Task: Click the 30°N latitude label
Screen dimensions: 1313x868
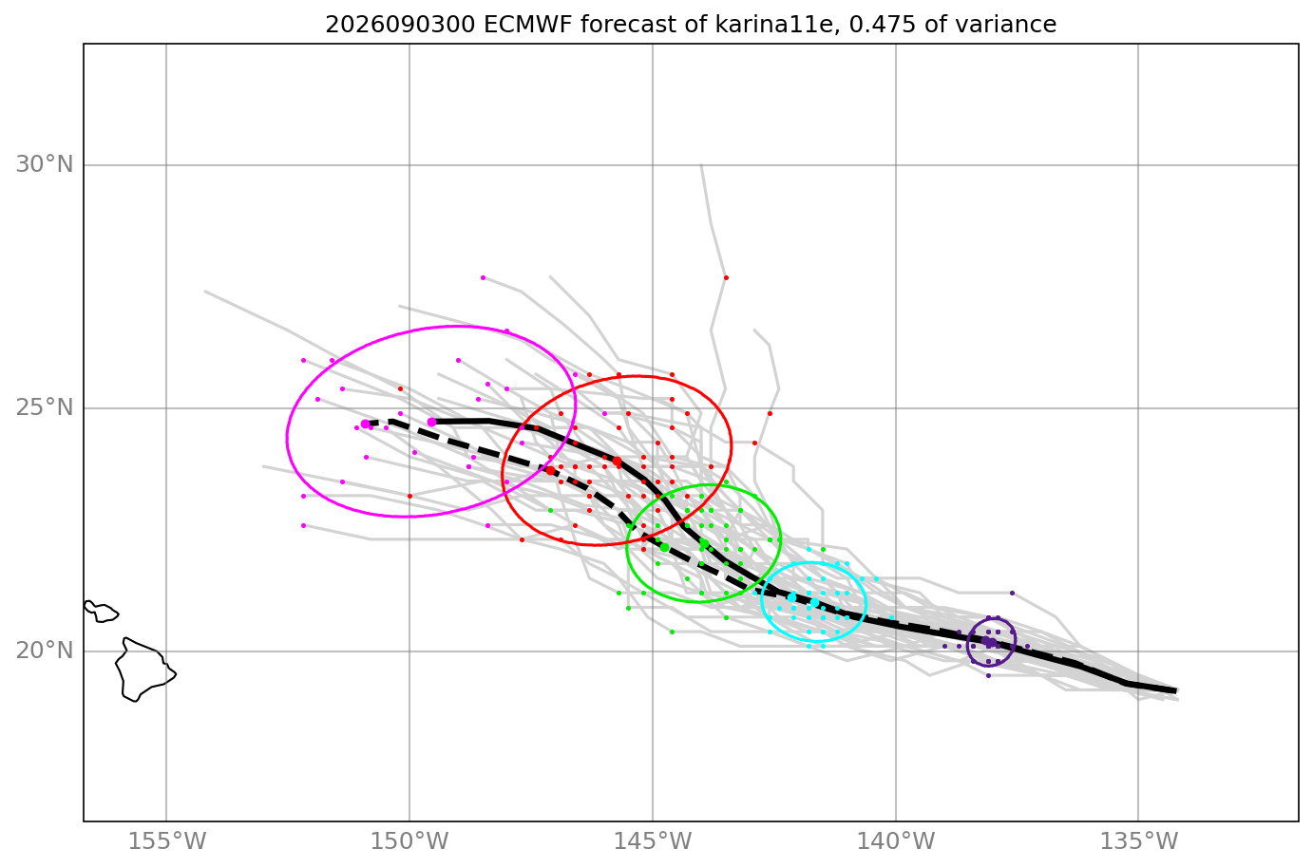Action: coord(45,164)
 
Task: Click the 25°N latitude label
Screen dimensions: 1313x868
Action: coord(45,407)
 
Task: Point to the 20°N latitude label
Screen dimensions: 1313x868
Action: coord(45,651)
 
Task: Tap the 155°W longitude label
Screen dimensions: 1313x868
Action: coord(167,841)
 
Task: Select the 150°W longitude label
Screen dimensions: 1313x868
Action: coord(409,841)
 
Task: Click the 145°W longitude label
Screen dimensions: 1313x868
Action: coord(653,841)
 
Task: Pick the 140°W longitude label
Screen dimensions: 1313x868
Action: coord(896,841)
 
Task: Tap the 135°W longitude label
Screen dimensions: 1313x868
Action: coord(1138,841)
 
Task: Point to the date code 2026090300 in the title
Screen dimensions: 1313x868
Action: coord(400,25)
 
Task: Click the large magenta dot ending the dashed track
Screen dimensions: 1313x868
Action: coord(365,424)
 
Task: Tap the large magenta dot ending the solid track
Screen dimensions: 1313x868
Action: coord(432,422)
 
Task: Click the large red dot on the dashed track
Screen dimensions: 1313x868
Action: coord(550,470)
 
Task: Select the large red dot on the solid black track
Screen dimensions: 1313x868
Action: coord(617,462)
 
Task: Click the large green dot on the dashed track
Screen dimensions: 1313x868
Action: coord(664,547)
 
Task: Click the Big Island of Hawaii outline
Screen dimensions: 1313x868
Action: coord(143,669)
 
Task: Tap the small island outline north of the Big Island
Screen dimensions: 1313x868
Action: coord(101,612)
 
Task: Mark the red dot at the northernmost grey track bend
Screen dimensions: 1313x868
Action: coord(726,277)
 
